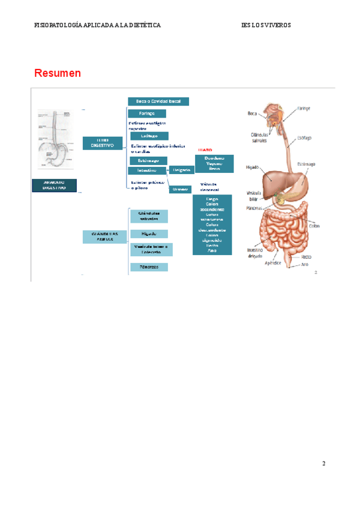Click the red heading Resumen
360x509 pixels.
pyautogui.click(x=58, y=73)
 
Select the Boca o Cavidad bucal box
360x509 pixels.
pyautogui.click(x=158, y=101)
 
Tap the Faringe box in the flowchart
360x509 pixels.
pyautogui.click(x=147, y=113)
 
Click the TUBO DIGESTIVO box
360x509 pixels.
pyautogui.click(x=103, y=143)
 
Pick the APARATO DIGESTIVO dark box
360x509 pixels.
pyautogui.click(x=54, y=185)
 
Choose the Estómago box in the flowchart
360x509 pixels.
pyautogui.click(x=148, y=160)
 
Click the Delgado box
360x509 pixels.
pyautogui.click(x=181, y=170)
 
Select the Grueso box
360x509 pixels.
pyautogui.click(x=179, y=189)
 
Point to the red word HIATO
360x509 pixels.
pyautogui.click(x=205, y=150)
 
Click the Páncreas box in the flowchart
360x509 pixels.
pyautogui.click(x=149, y=267)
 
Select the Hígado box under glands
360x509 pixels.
pyautogui.click(x=149, y=233)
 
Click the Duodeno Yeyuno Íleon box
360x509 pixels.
pyautogui.click(x=214, y=164)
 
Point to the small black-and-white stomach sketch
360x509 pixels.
pyautogui.click(x=59, y=138)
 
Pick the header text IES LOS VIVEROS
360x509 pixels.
pyautogui.click(x=266, y=25)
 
